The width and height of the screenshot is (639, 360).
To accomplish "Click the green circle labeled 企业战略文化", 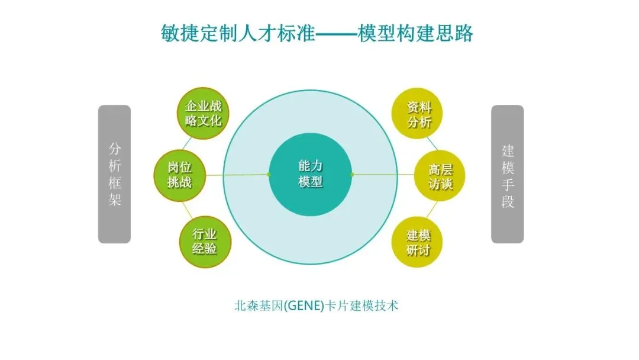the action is (x=204, y=114).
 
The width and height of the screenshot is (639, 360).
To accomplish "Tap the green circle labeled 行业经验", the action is (x=205, y=242).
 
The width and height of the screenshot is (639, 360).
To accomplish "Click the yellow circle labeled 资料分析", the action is (x=419, y=115).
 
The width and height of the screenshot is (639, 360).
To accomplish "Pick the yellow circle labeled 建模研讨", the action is (x=418, y=242).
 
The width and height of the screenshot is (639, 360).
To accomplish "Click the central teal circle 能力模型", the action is (x=311, y=174).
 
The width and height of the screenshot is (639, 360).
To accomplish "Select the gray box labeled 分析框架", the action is (x=114, y=174).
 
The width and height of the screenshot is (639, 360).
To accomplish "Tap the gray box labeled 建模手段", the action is (x=508, y=174).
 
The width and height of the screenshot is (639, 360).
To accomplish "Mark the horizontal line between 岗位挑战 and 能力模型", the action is (x=237, y=175).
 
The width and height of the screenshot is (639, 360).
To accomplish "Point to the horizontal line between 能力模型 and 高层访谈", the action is (x=385, y=175).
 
